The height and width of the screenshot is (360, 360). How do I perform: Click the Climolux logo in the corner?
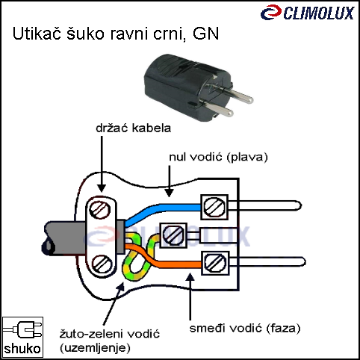308,13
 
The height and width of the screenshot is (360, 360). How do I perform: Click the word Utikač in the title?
37,34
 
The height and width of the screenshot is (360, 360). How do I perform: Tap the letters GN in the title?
205,34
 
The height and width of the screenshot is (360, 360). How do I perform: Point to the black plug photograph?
199,87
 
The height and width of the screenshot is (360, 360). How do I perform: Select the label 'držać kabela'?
134,128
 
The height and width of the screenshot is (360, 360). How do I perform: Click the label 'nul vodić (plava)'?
218,157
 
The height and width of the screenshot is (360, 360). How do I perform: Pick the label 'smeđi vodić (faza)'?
245,328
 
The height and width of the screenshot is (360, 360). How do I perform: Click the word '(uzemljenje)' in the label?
95,347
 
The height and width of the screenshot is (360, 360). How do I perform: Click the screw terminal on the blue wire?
214,207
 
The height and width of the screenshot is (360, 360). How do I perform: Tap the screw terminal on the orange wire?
215,263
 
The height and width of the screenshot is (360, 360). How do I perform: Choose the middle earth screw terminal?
173,235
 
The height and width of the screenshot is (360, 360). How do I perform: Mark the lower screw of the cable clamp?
102,264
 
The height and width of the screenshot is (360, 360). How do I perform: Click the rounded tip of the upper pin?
300,205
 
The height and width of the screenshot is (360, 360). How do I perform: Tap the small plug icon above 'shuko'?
22,329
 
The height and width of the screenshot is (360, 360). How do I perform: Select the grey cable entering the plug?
66,238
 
